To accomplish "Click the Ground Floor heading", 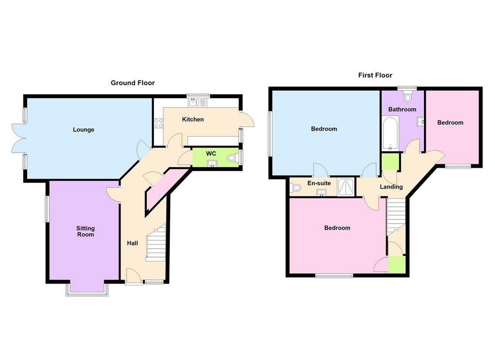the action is [x=132, y=83].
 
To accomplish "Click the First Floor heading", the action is [x=375, y=75].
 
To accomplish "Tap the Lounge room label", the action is [x=84, y=130].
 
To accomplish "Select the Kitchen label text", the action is [x=193, y=119].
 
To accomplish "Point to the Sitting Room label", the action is [x=86, y=231].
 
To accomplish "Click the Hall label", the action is [x=132, y=243].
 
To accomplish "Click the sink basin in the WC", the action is [x=212, y=163].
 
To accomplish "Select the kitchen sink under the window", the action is [x=197, y=102].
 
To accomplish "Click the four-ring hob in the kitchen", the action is [x=159, y=123].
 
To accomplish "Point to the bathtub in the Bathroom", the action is [x=391, y=133].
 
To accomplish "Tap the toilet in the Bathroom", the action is [x=408, y=96].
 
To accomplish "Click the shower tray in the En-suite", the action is [x=346, y=187].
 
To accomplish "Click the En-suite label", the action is [x=319, y=183].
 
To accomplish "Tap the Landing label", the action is [x=391, y=187].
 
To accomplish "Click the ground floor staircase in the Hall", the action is [x=156, y=243].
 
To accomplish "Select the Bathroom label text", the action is [x=402, y=110].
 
